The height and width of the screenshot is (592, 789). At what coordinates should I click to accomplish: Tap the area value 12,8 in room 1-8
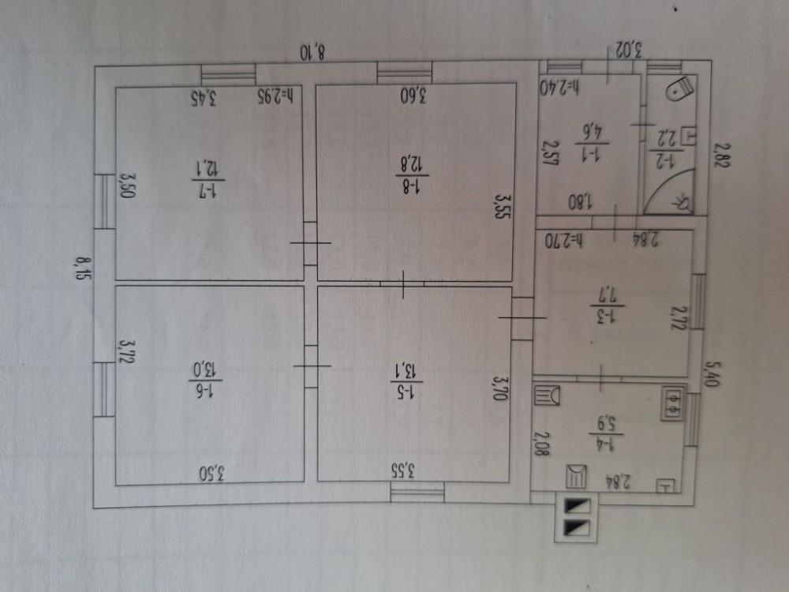[414, 165]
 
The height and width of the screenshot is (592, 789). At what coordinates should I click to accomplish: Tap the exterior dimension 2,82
[718, 156]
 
